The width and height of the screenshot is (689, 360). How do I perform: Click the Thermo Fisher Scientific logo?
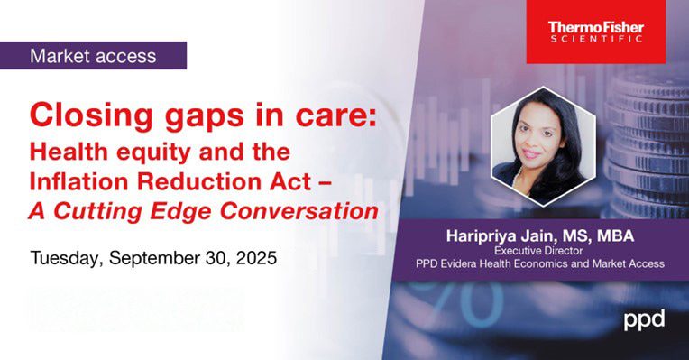click(596, 32)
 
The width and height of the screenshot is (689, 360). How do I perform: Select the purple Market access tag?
click(94, 56)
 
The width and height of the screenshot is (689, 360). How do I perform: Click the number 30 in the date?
click(220, 257)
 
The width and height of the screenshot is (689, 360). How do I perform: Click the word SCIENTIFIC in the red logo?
click(596, 39)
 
